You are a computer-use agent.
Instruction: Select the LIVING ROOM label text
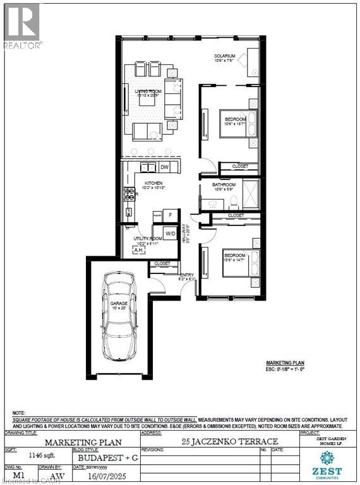coord(149,92)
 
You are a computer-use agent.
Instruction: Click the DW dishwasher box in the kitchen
coord(164,167)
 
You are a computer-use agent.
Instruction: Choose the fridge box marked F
coord(170,215)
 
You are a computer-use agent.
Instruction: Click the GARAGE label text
coord(119,304)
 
